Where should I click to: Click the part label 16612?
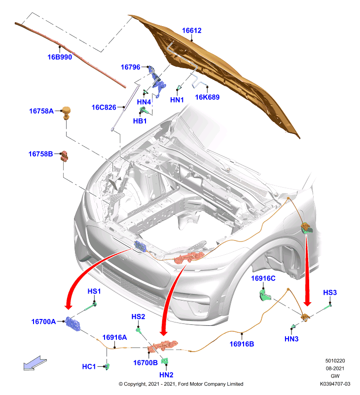(192, 31)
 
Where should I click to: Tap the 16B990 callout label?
(60, 57)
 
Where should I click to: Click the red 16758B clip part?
(65, 156)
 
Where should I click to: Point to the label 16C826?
(104, 108)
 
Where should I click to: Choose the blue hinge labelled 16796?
(157, 80)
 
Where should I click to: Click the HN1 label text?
(177, 100)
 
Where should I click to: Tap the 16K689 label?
(207, 97)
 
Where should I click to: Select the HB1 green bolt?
(144, 110)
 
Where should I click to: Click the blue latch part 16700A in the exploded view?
(72, 323)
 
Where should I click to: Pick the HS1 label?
(94, 291)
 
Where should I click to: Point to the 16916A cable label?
(114, 337)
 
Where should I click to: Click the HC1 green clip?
(108, 366)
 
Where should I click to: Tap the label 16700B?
(145, 363)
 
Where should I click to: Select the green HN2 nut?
(165, 361)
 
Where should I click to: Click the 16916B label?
(242, 344)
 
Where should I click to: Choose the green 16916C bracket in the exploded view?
(265, 295)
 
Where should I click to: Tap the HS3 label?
(330, 292)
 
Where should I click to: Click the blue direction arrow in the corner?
(35, 363)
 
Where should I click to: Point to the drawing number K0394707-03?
(335, 384)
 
